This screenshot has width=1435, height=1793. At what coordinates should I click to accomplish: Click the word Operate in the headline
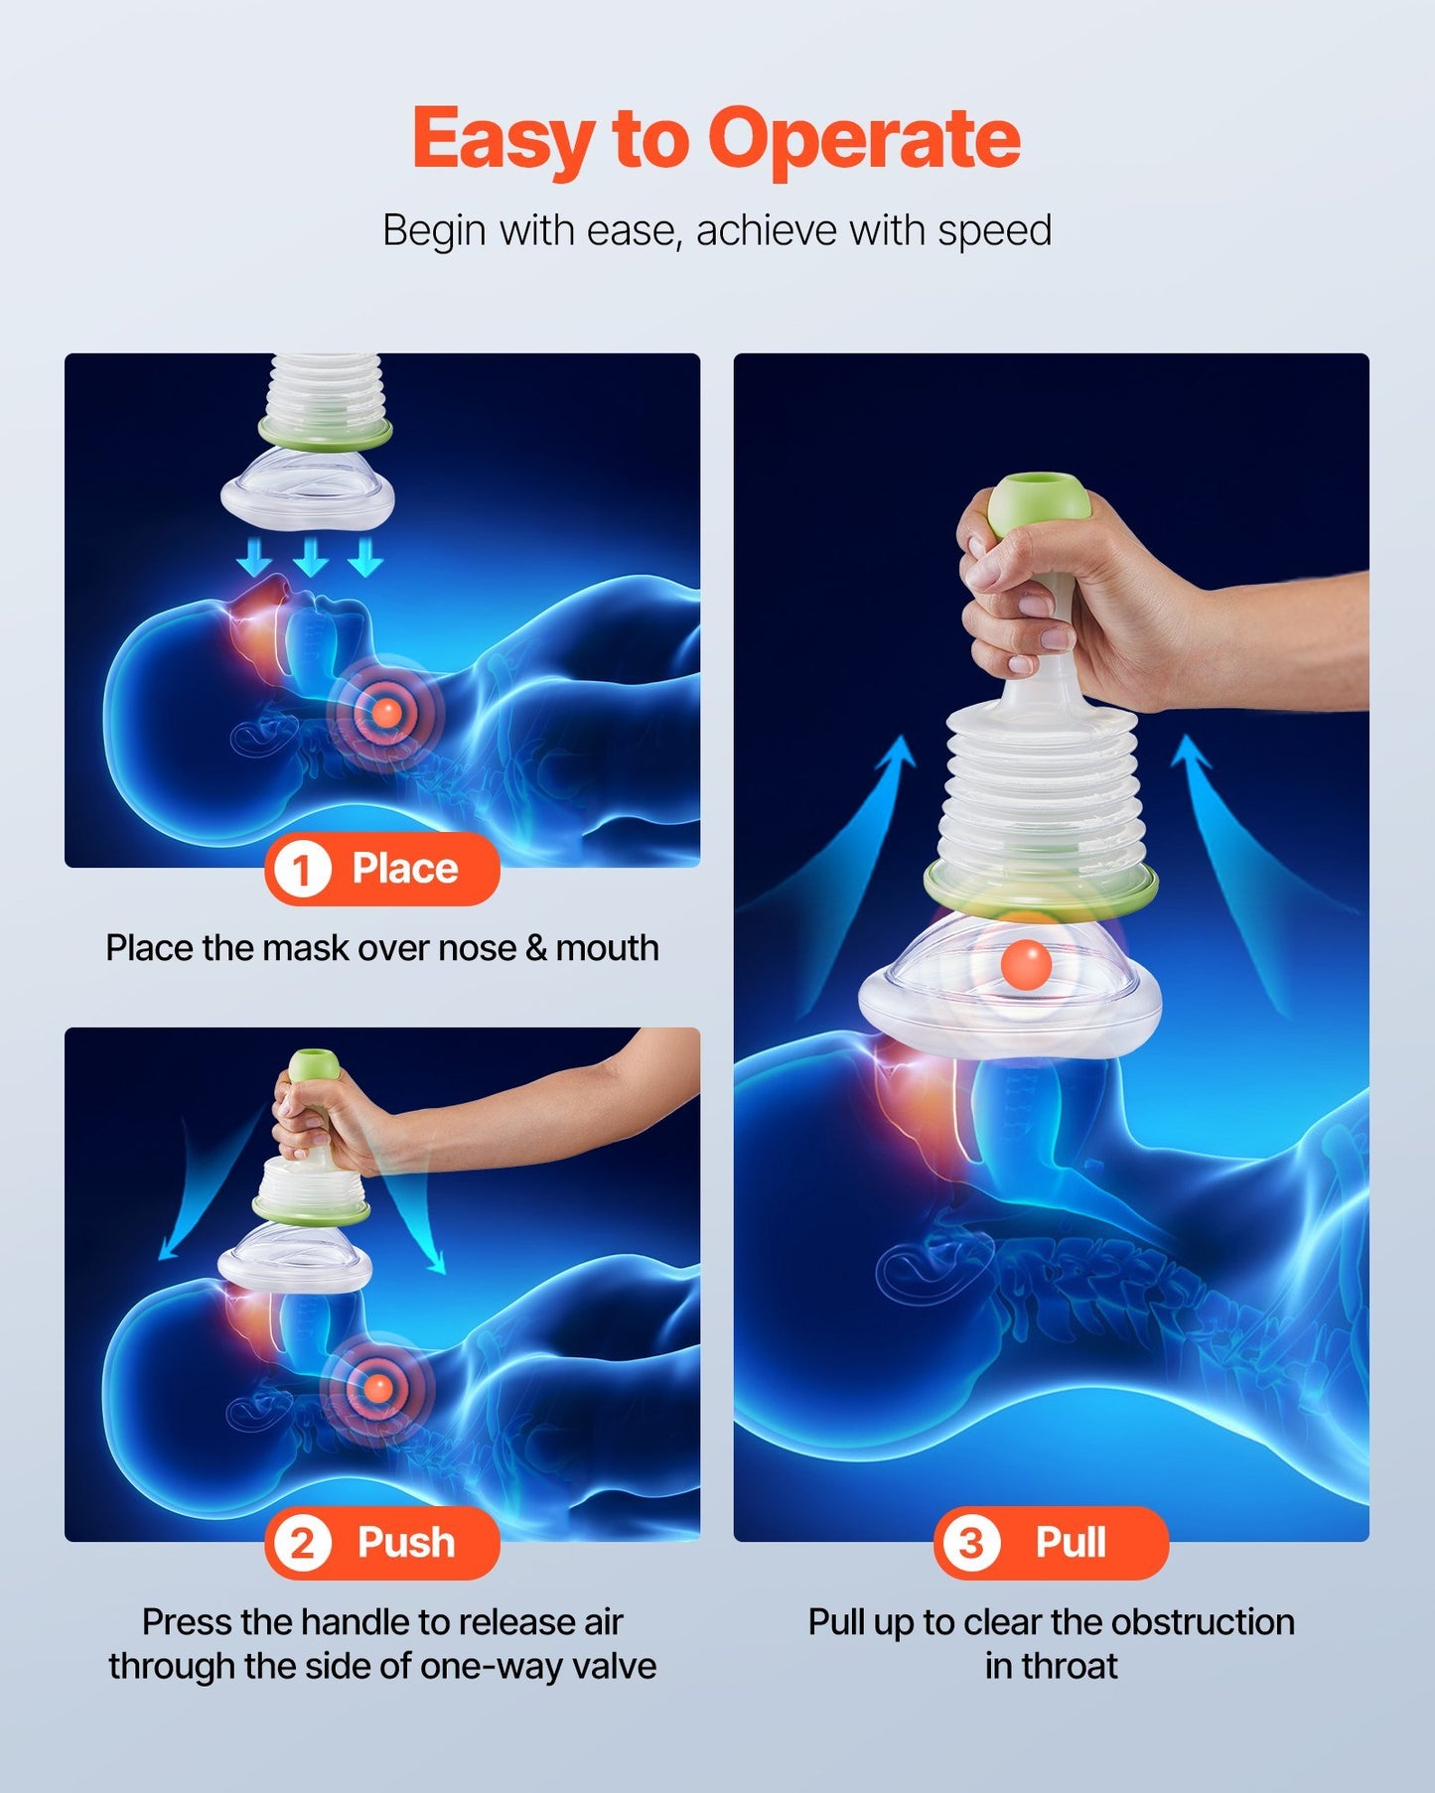click(x=863, y=139)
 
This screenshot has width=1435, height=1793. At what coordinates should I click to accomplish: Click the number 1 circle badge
click(x=300, y=871)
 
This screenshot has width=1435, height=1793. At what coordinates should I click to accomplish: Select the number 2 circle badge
click(x=302, y=1544)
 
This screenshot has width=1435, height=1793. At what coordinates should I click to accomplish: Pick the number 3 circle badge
click(x=970, y=1544)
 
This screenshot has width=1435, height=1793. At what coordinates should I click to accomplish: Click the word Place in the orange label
click(x=405, y=869)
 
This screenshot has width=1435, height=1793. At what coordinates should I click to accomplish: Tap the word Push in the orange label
click(x=406, y=1543)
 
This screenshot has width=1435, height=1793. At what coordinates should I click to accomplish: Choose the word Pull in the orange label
click(x=1071, y=1543)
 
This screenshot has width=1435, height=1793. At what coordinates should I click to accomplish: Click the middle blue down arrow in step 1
click(x=311, y=557)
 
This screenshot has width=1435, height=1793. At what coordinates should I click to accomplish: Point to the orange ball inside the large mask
click(x=1025, y=964)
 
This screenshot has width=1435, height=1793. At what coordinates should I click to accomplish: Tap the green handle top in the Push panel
click(x=314, y=1065)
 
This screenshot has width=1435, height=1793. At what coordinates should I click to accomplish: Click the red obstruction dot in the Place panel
click(x=386, y=711)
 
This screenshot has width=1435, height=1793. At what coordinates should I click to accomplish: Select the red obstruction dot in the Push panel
click(x=377, y=1386)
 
